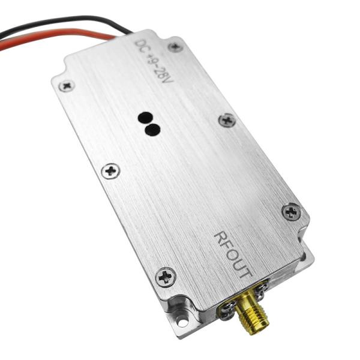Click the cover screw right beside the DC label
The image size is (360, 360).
point(175,46)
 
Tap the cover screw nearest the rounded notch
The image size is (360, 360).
point(67,85)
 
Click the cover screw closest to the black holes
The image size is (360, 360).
point(226,120)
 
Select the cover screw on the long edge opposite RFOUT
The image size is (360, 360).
point(110,171)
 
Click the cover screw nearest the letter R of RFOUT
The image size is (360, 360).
point(291,211)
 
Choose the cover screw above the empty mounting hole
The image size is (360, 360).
point(166,276)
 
